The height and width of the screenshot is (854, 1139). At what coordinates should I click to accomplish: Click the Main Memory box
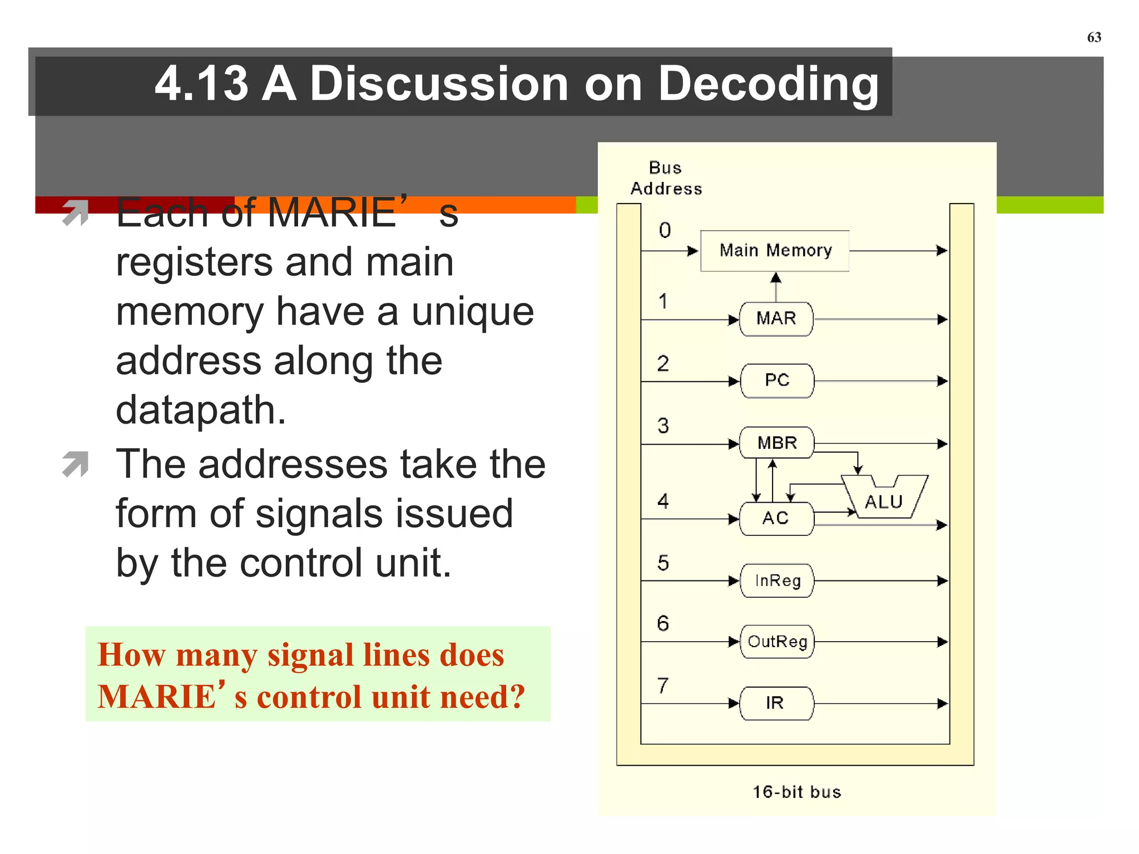coord(775,251)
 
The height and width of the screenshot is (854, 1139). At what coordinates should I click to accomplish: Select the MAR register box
coord(776,319)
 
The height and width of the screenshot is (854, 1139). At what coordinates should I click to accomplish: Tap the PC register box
coord(776,381)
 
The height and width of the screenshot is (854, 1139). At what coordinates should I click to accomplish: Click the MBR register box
coord(776,443)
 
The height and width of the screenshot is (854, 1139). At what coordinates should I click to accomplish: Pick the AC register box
coord(776,518)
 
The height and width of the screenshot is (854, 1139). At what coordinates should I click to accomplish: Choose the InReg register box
coord(777,581)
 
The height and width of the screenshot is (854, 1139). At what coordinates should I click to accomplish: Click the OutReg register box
coord(777,642)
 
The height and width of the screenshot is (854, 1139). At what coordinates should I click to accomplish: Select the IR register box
coord(776,703)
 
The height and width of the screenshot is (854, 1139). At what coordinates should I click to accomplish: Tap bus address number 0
coord(665,230)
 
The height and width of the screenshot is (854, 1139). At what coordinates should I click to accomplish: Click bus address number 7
coord(662,686)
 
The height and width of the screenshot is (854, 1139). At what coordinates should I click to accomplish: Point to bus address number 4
coord(662,502)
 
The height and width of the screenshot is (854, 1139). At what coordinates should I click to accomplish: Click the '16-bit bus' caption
coord(796,792)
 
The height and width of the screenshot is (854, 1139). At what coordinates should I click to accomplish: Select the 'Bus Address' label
coord(666,178)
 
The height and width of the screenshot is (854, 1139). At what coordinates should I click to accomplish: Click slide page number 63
coord(1093,37)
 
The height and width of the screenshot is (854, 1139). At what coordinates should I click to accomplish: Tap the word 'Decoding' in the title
coord(768,84)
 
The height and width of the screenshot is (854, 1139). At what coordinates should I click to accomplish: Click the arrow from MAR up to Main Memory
coord(776,286)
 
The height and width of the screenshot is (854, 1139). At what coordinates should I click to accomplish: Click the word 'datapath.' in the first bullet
coord(201,410)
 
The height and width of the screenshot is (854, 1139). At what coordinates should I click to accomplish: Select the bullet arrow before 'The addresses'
coord(76,464)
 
